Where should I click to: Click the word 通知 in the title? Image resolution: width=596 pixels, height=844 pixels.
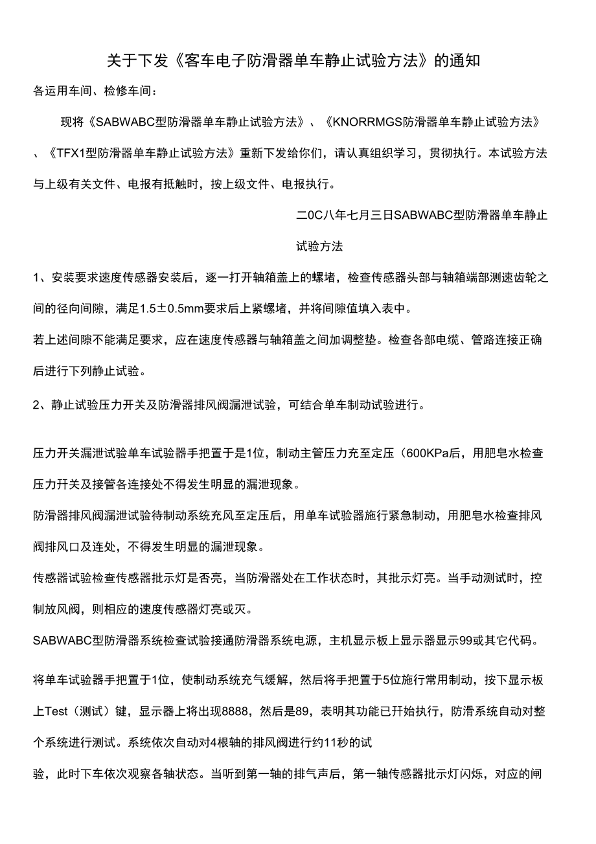(x=464, y=62)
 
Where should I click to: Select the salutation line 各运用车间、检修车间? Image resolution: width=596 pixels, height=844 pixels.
(x=95, y=91)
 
